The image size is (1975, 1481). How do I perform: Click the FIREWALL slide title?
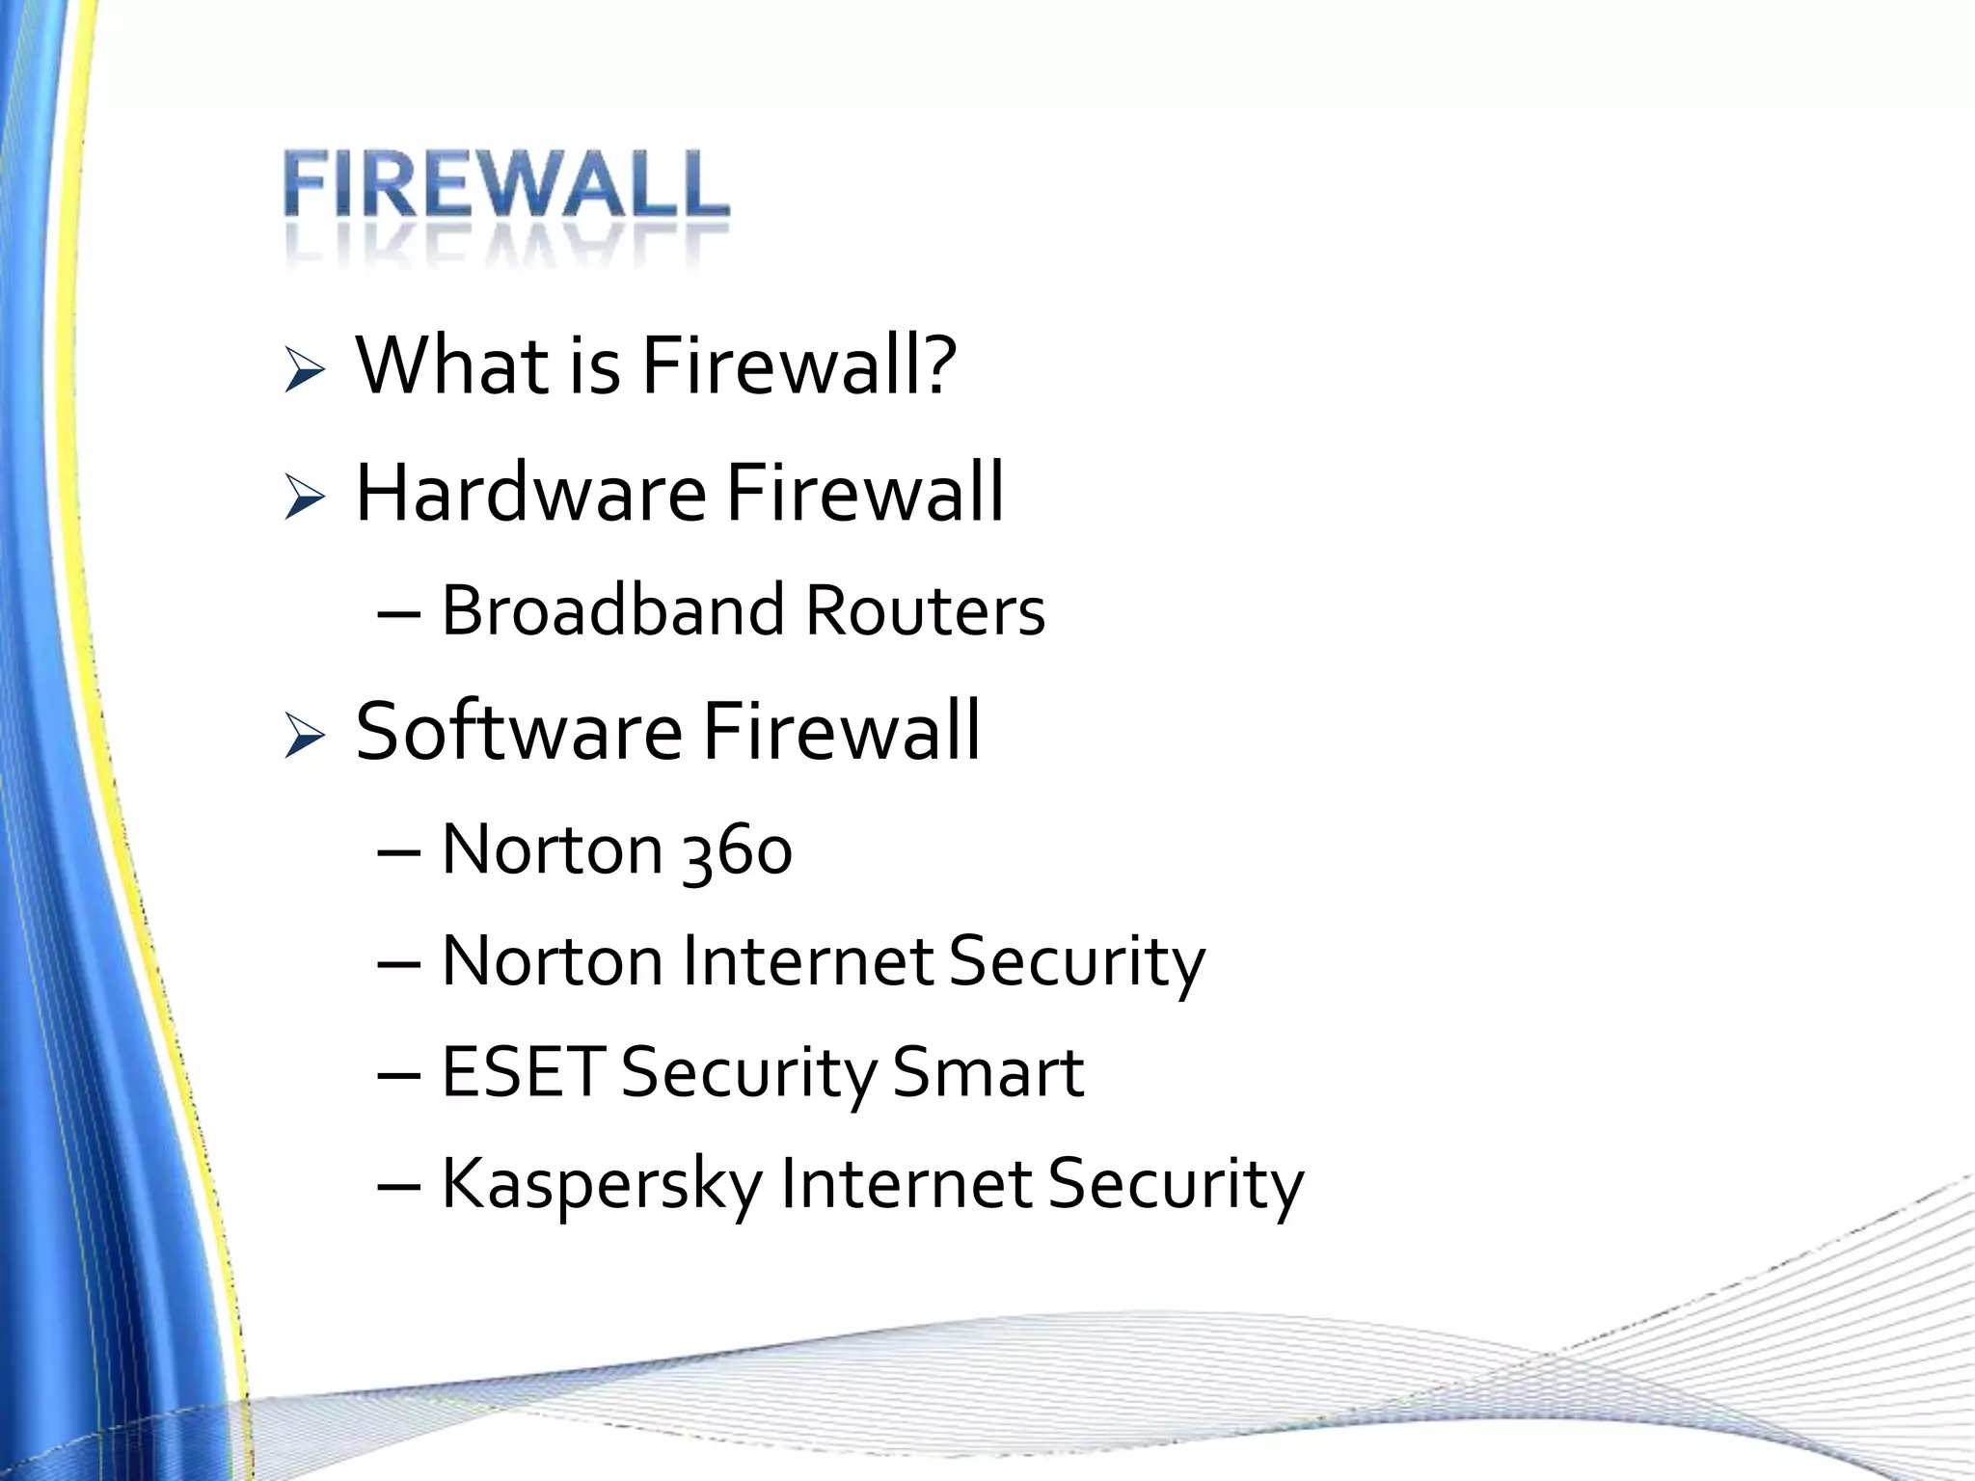pyautogui.click(x=506, y=185)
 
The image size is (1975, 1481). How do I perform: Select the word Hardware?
pyautogui.click(x=530, y=493)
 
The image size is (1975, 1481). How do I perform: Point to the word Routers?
pyautogui.click(x=925, y=610)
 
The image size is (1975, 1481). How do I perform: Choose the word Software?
pyautogui.click(x=519, y=731)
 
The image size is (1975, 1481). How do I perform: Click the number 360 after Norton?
pyautogui.click(x=737, y=851)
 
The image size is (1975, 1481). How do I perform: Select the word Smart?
pyautogui.click(x=987, y=1072)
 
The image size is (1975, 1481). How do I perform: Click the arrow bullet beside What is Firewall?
pyautogui.click(x=305, y=371)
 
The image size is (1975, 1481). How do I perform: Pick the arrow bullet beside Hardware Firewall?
pyautogui.click(x=305, y=498)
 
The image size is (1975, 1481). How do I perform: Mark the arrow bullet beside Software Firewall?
pyautogui.click(x=305, y=737)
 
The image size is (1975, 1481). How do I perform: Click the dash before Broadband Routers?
pyautogui.click(x=399, y=614)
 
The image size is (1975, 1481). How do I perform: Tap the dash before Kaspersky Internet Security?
pyautogui.click(x=399, y=1187)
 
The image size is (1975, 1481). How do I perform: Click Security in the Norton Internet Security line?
pyautogui.click(x=1076, y=961)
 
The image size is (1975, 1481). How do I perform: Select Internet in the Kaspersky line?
pyautogui.click(x=906, y=1184)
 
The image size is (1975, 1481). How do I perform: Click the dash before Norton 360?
pyautogui.click(x=399, y=852)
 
